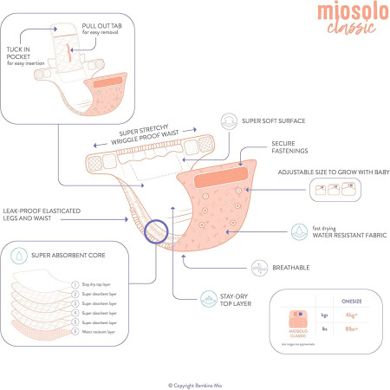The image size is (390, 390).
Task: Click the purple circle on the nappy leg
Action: [156, 231]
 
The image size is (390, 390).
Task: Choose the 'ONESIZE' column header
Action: [353, 303]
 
